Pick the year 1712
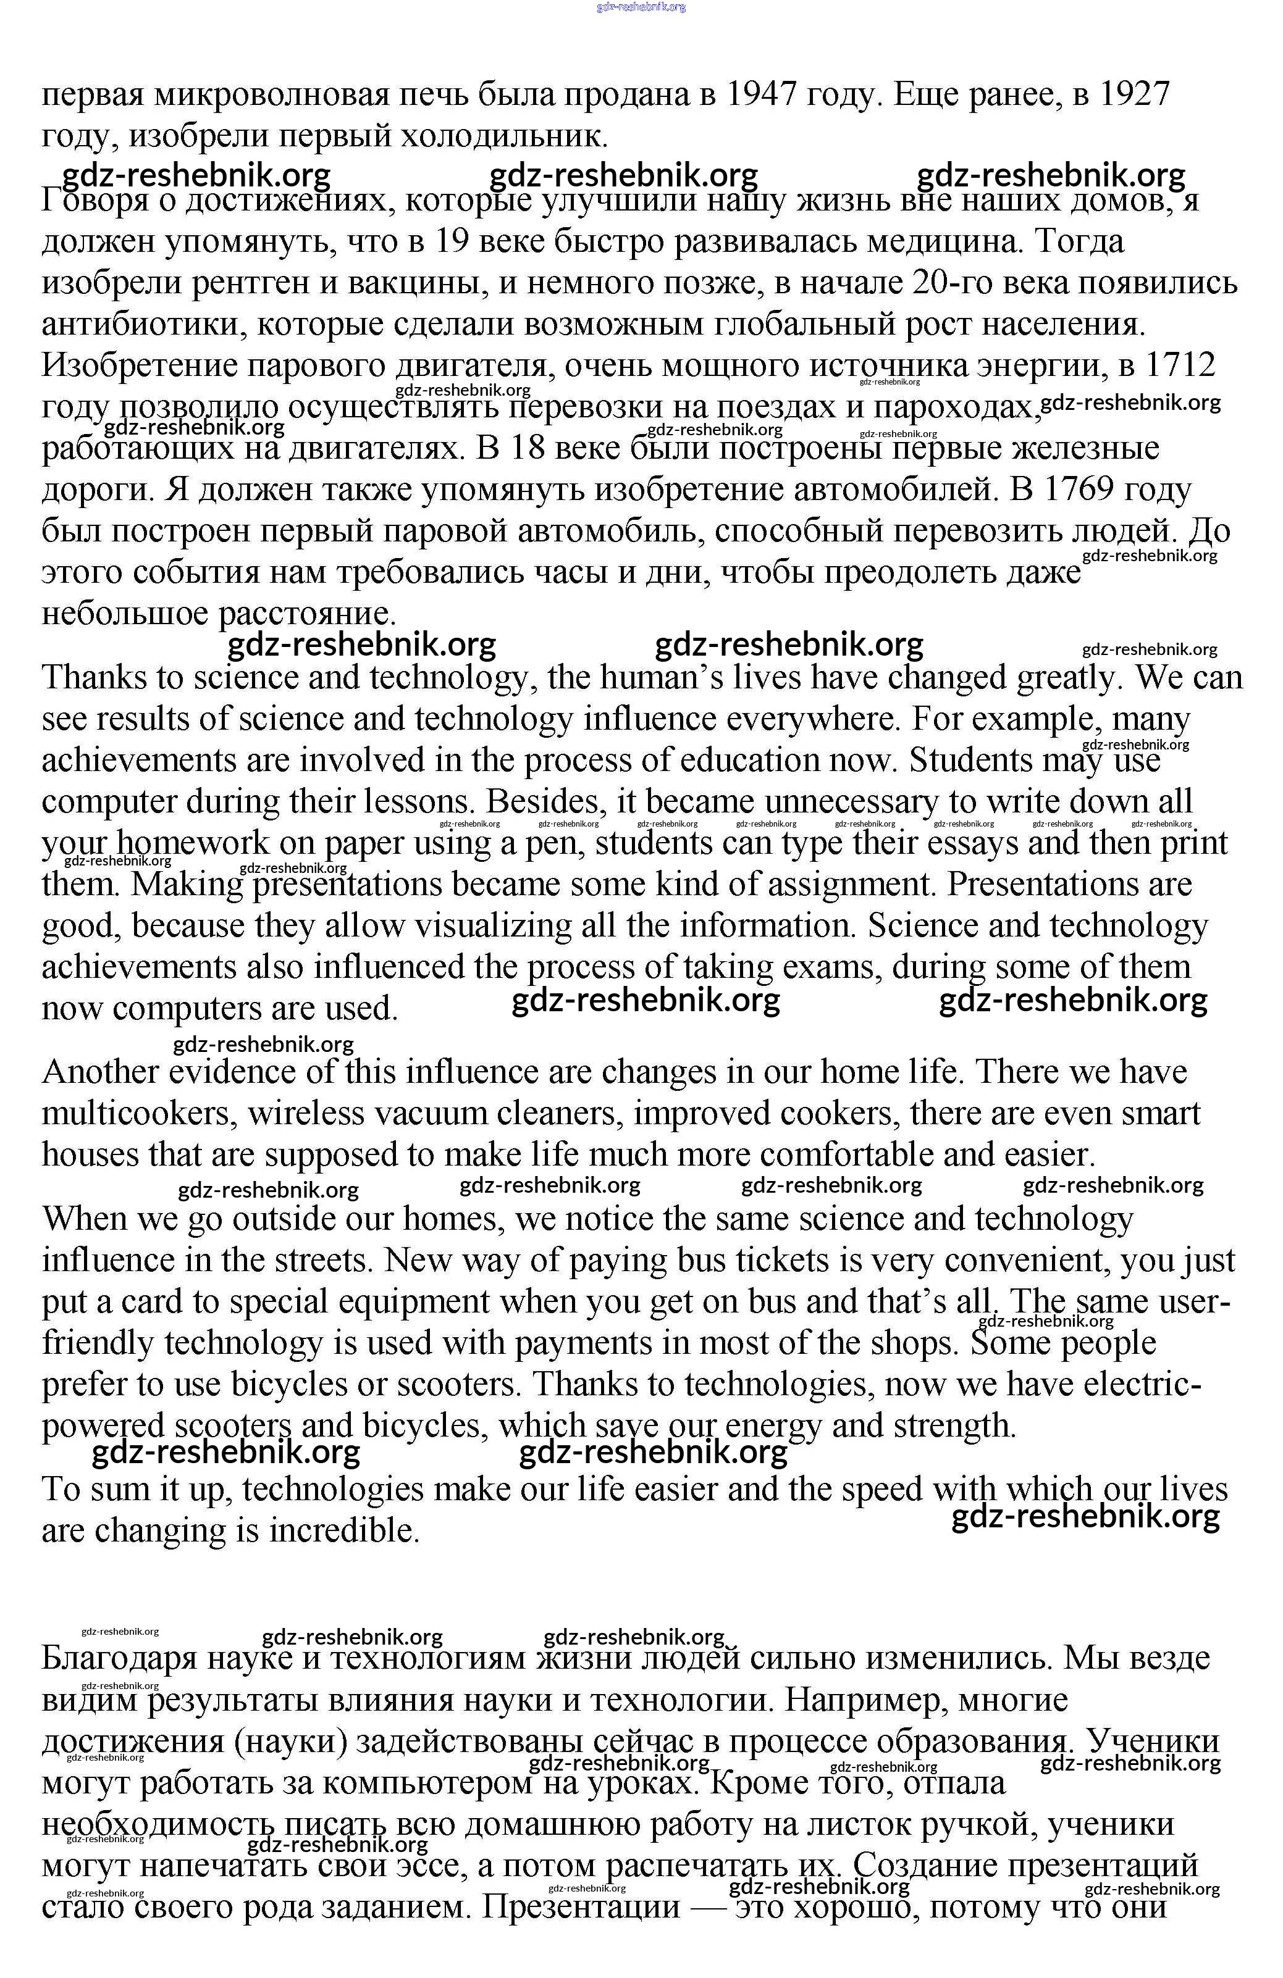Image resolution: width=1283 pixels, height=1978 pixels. (x=1180, y=365)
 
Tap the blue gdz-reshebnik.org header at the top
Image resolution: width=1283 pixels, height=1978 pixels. (x=641, y=7)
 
